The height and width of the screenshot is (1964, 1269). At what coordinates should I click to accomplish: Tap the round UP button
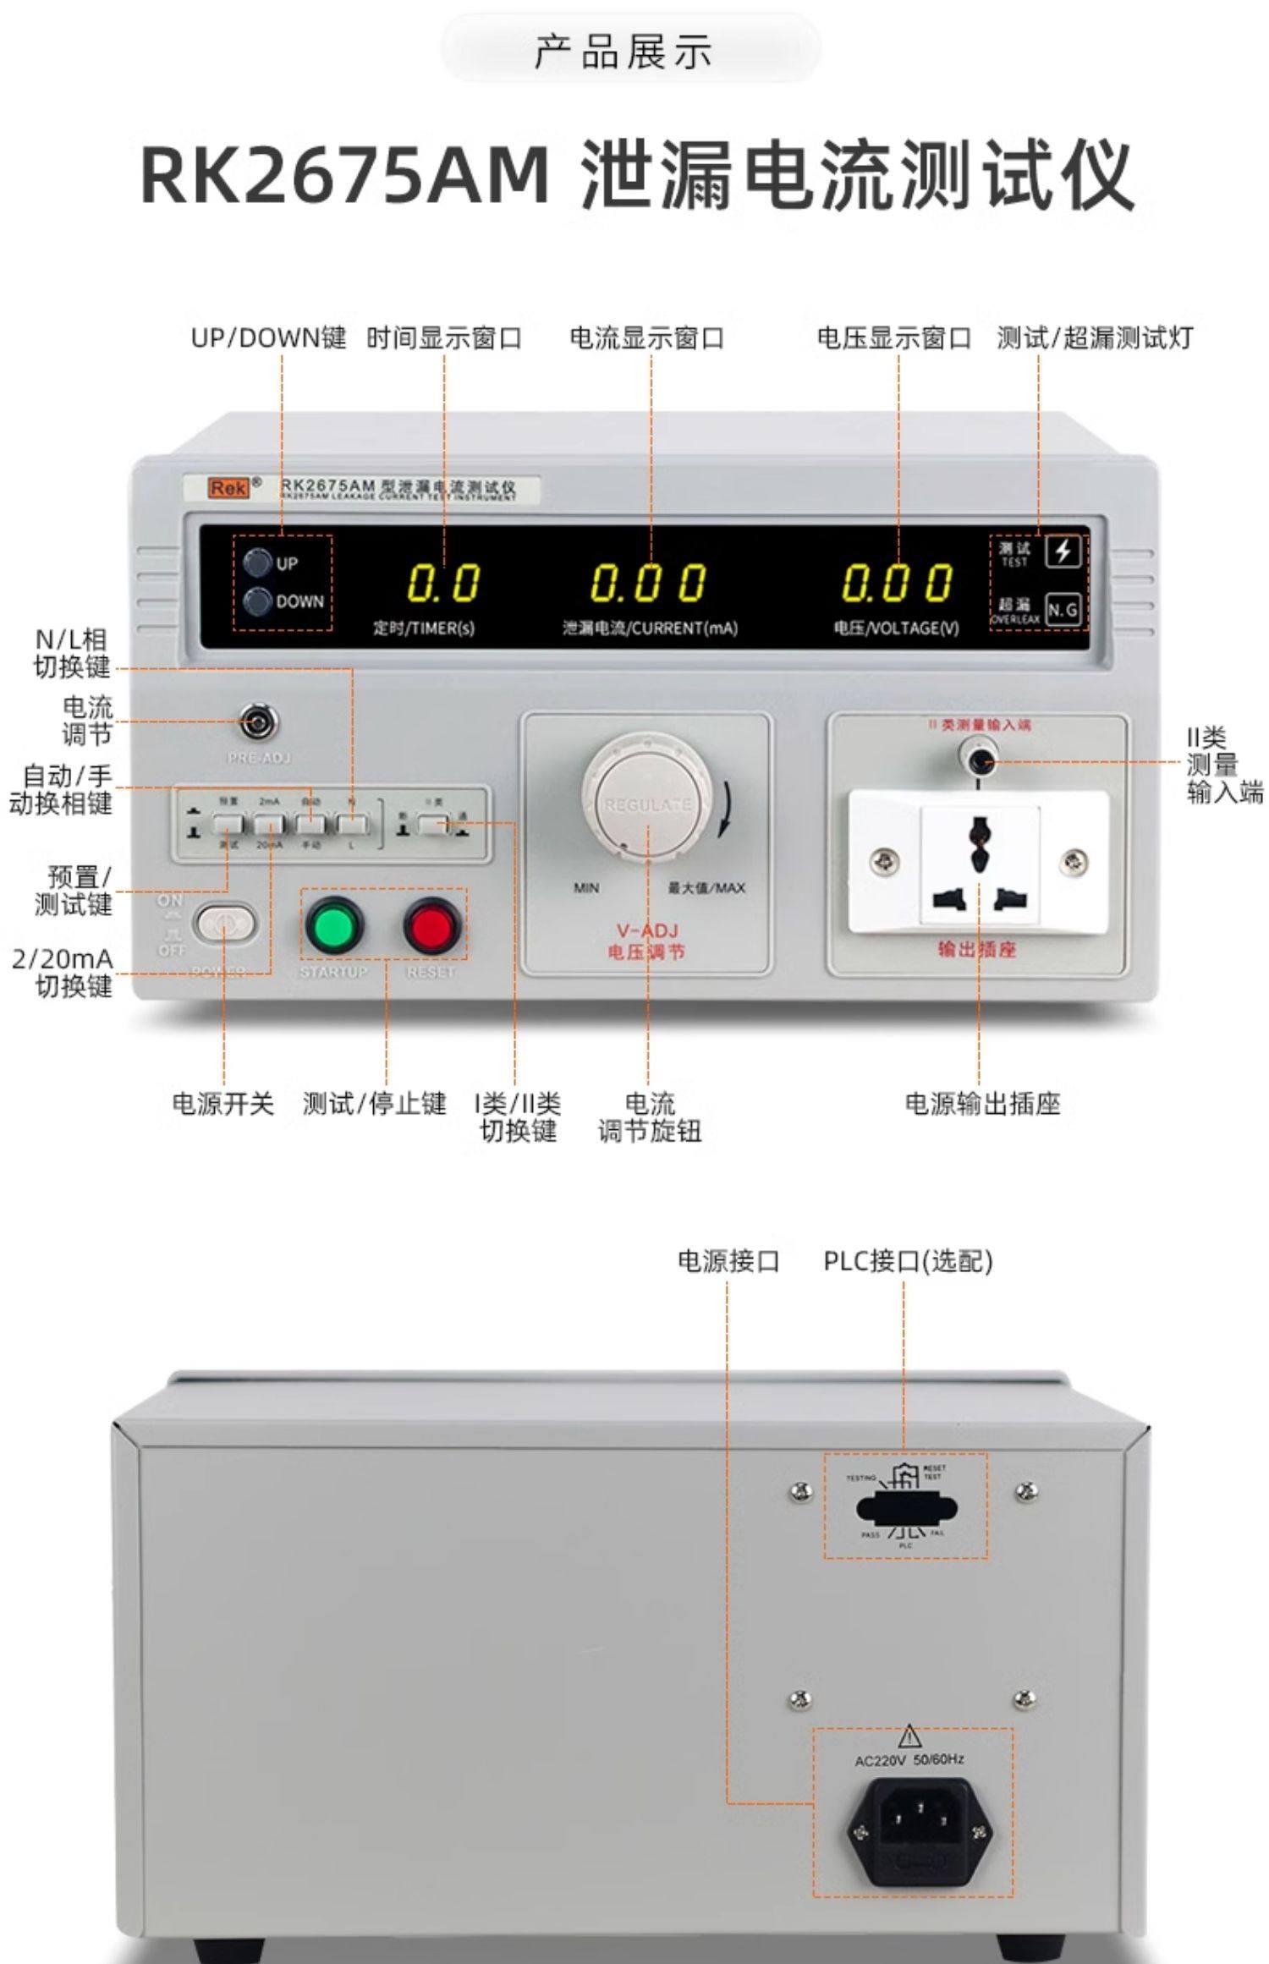click(257, 562)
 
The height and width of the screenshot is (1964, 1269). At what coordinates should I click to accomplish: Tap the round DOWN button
click(257, 601)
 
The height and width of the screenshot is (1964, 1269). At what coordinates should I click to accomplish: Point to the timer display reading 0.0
click(443, 584)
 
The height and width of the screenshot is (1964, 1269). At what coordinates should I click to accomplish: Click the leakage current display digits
click(648, 584)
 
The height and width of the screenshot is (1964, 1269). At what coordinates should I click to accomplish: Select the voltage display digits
click(897, 584)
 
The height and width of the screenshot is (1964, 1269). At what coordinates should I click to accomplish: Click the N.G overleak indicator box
click(1063, 610)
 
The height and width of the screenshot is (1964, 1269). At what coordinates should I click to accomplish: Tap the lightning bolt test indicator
click(1063, 552)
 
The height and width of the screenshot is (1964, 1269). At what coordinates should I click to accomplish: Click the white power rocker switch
click(224, 924)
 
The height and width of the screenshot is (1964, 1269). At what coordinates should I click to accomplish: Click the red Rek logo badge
click(229, 488)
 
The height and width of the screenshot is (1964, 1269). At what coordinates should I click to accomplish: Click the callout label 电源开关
click(223, 1104)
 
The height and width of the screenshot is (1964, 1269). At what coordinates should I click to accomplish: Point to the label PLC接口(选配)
click(908, 1261)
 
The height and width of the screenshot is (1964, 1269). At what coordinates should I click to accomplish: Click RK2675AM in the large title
click(345, 176)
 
